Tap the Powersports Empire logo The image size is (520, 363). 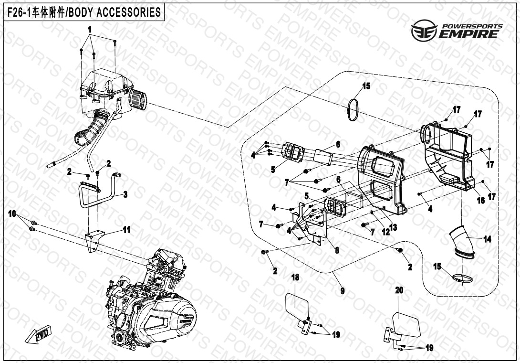pyautogui.click(x=457, y=31)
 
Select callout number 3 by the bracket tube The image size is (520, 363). pyautogui.click(x=125, y=194)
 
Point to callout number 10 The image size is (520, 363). pyautogui.click(x=12, y=213)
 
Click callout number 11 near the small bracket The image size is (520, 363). pyautogui.click(x=126, y=230)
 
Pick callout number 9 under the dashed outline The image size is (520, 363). pyautogui.click(x=342, y=290)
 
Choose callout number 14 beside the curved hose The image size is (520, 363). pyautogui.click(x=487, y=240)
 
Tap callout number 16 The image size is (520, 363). pyautogui.click(x=481, y=201)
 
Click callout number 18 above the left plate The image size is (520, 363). pyautogui.click(x=295, y=278)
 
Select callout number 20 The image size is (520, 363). pyautogui.click(x=399, y=290)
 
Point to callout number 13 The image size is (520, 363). pyautogui.click(x=394, y=227)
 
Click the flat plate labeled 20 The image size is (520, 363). pyautogui.click(x=407, y=323)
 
